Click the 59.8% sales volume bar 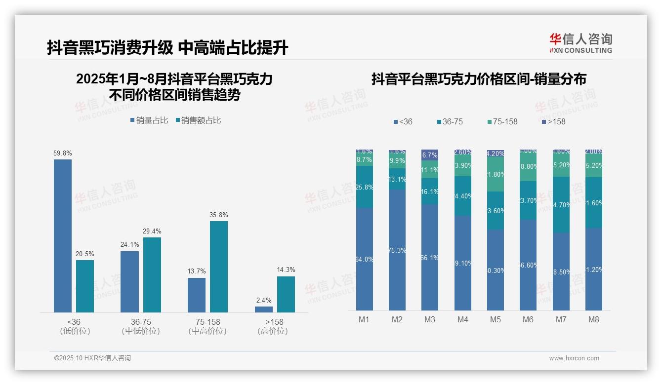pos(63,235)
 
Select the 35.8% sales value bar pos(219,267)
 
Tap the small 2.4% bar pos(264,309)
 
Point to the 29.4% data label pos(152,231)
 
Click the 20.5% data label pos(84,254)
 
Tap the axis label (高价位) pos(273,331)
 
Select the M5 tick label pos(496,320)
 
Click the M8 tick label pos(594,320)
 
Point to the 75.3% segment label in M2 pos(397,250)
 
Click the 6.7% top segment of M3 pos(430,155)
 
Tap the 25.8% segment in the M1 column pos(365,187)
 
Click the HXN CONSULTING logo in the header pos(580,43)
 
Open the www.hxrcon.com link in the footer pos(574,358)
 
